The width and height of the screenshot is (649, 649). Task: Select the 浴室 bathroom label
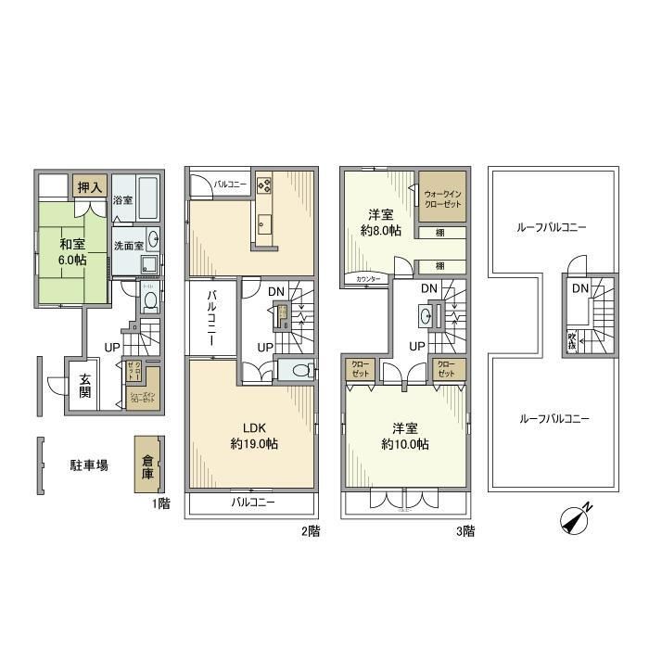[122, 200]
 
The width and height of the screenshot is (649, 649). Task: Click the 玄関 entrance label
[84, 385]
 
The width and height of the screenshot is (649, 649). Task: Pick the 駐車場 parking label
[89, 464]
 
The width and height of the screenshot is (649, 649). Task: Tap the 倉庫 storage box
[148, 464]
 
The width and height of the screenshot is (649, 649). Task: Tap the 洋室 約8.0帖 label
[380, 223]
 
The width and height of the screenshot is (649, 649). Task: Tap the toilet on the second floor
[295, 371]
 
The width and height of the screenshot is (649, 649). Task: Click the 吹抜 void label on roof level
[572, 340]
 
